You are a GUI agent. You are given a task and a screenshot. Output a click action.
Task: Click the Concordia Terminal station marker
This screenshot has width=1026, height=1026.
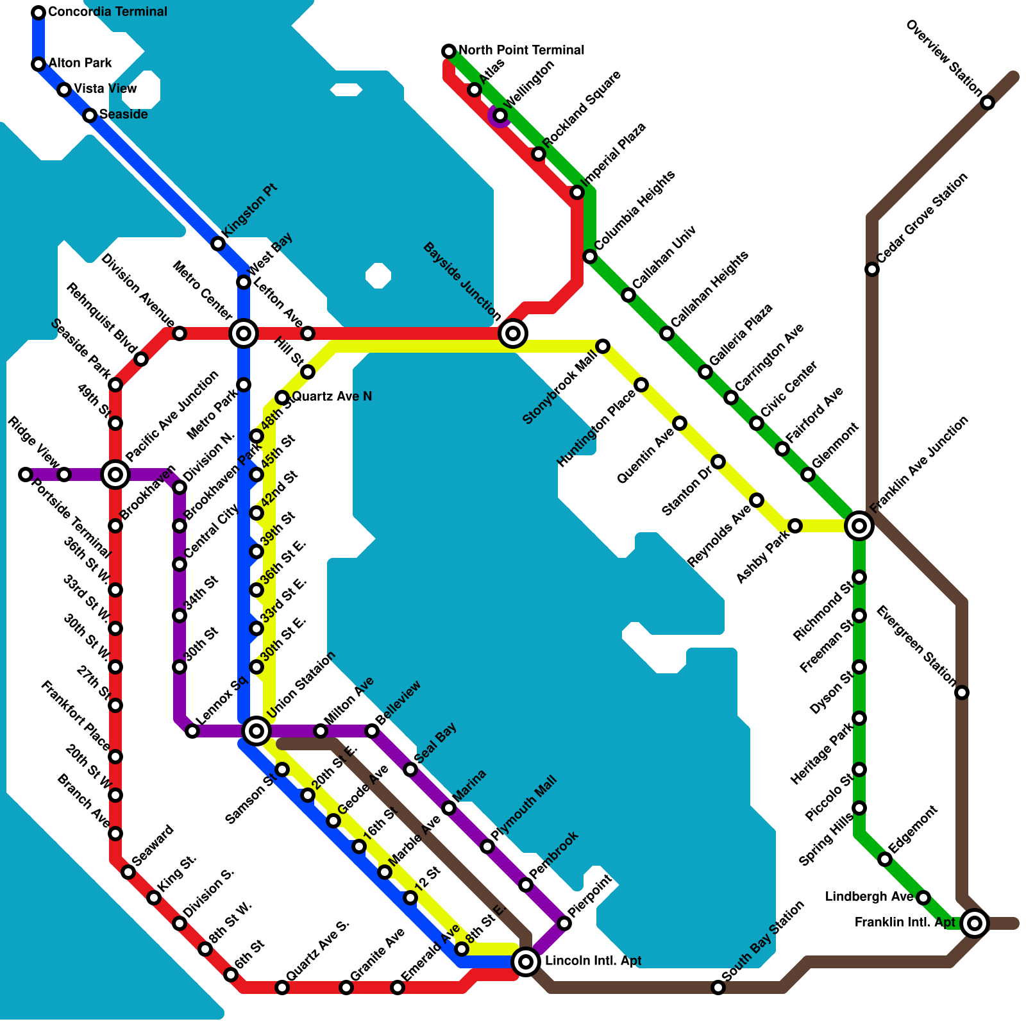[38, 12]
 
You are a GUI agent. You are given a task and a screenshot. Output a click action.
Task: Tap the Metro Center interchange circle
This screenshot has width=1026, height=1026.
[244, 333]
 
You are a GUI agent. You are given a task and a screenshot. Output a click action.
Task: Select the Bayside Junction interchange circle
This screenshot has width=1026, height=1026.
[513, 333]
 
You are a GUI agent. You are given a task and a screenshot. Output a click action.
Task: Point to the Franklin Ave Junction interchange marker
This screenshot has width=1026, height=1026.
[859, 526]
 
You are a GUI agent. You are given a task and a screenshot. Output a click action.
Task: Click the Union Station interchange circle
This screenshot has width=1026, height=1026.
[256, 730]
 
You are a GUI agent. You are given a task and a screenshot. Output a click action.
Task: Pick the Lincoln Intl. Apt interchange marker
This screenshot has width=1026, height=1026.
[526, 961]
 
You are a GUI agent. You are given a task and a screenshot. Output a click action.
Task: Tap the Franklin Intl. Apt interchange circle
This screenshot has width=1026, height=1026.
[975, 923]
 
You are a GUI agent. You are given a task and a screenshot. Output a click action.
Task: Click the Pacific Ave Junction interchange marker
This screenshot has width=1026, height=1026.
[115, 475]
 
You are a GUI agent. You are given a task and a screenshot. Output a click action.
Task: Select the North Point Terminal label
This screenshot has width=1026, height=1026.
[521, 50]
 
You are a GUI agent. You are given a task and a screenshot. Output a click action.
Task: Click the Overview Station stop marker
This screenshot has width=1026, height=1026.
[988, 103]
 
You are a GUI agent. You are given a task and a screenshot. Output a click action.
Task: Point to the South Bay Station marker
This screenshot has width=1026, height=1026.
[718, 988]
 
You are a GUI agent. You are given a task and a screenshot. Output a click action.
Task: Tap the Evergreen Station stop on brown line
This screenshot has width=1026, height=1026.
[962, 693]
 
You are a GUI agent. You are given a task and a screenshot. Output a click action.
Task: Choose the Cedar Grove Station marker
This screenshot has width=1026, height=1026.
[872, 269]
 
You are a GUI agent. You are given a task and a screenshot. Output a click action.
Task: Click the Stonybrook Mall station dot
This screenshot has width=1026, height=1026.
[603, 346]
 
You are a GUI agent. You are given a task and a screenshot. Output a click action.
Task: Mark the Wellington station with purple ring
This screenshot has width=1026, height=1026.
[500, 115]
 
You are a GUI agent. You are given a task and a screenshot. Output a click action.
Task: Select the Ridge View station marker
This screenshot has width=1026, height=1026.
[64, 475]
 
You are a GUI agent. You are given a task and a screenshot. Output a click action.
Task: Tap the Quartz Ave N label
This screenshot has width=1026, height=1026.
[332, 396]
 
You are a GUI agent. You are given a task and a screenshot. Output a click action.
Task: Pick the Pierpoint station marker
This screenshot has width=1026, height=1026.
[564, 923]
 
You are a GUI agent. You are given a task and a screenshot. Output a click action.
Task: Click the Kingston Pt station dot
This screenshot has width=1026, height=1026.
[218, 244]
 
